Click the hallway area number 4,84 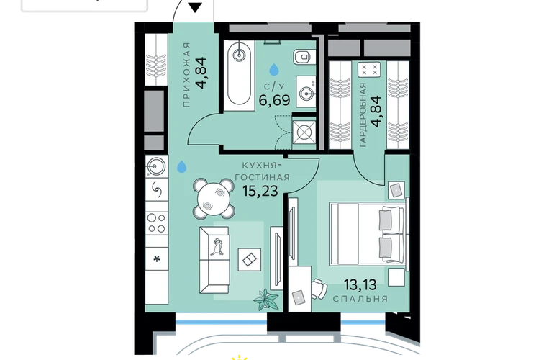coord(203,73)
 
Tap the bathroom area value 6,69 coord(275,100)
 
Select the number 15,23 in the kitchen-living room coord(260,191)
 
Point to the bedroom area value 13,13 coord(360,284)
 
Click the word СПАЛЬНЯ coord(360,299)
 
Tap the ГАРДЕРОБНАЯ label coord(363,115)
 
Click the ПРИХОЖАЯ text coord(186,75)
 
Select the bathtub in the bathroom coord(239,76)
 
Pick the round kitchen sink coord(157,166)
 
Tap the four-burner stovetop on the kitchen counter coord(157,222)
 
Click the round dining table coord(214,198)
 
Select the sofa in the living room coord(214,260)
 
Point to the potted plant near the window coord(265,300)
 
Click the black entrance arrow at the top coord(195,7)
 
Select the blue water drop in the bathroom coord(274,70)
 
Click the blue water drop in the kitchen coord(181,166)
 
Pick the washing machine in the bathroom coord(304,133)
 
